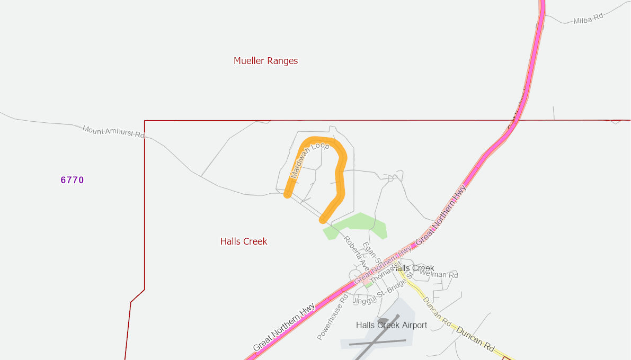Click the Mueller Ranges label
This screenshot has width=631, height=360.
(265, 61)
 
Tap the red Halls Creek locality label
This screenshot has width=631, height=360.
(244, 241)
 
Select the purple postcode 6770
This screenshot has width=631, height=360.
(72, 180)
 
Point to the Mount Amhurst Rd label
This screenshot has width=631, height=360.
(113, 132)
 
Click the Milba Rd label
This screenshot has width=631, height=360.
(588, 19)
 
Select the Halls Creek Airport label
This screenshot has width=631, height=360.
(391, 325)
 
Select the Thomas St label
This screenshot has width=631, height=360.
(383, 274)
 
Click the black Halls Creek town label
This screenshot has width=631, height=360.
(416, 268)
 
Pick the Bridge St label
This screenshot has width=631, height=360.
(399, 284)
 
